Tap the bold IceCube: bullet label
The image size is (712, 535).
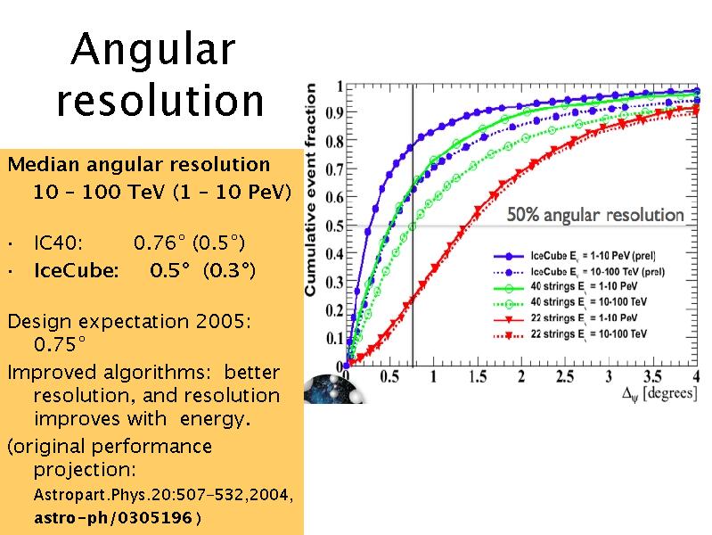[x=77, y=270]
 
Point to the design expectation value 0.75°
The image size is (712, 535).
[x=60, y=344]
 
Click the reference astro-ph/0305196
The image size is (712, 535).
[x=113, y=517]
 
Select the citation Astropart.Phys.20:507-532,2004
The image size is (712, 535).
[x=163, y=495]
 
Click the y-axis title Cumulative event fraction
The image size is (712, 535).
[x=311, y=190]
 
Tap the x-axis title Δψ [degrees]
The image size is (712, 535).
[x=659, y=393]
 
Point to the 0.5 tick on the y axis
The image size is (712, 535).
[x=334, y=226]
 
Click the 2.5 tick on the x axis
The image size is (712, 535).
[x=564, y=376]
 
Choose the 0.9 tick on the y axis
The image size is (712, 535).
[x=334, y=112]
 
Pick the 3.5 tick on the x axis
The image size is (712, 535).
[x=652, y=376]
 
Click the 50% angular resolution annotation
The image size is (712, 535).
[x=595, y=215]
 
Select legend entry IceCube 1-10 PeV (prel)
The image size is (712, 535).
[x=575, y=256]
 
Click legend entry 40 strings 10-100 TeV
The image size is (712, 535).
[x=570, y=303]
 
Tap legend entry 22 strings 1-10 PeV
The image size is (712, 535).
[x=565, y=318]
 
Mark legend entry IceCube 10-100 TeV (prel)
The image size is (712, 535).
[x=579, y=272]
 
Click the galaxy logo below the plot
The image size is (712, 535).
[x=335, y=390]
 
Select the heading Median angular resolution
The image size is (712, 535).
[x=139, y=165]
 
